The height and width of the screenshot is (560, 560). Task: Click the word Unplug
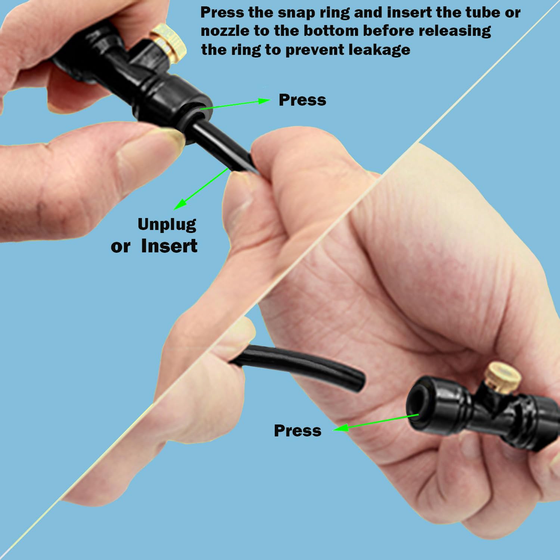click(x=167, y=225)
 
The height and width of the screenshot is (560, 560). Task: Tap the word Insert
click(x=169, y=246)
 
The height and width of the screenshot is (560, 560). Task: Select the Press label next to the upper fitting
click(x=302, y=100)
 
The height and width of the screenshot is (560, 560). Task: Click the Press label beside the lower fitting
click(x=298, y=430)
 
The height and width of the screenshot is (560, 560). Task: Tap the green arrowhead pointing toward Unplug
click(x=180, y=204)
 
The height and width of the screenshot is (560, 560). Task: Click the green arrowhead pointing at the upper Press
click(x=264, y=101)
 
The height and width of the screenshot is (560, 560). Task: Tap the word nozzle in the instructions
click(x=224, y=31)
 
